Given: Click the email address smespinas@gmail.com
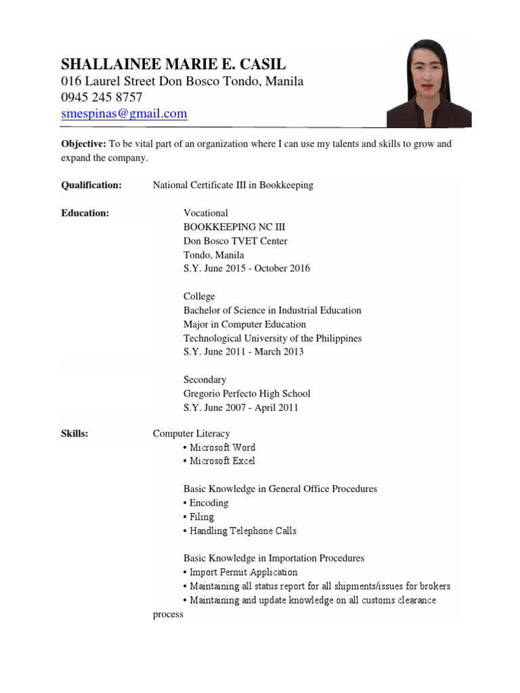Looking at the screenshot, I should point(124,114).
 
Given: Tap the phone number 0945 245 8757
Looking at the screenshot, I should point(102,97).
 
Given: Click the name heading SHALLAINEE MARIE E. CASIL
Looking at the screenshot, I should point(173,64).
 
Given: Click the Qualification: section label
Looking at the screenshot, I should point(91,185).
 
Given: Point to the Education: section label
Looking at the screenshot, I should point(85,213).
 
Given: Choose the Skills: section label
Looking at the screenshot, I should point(74,433).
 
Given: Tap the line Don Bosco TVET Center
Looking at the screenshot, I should point(235,241).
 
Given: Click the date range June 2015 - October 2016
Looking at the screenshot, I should point(256,268).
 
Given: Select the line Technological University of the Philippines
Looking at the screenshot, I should point(272,338).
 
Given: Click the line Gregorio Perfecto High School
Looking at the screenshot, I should point(246,393).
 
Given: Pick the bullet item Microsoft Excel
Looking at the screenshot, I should point(222,461).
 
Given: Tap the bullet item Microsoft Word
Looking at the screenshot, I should point(222,447).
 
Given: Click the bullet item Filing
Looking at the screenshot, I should point(201,517).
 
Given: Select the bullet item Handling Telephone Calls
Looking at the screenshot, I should point(242,531).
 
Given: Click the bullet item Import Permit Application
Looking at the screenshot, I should point(243,572).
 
